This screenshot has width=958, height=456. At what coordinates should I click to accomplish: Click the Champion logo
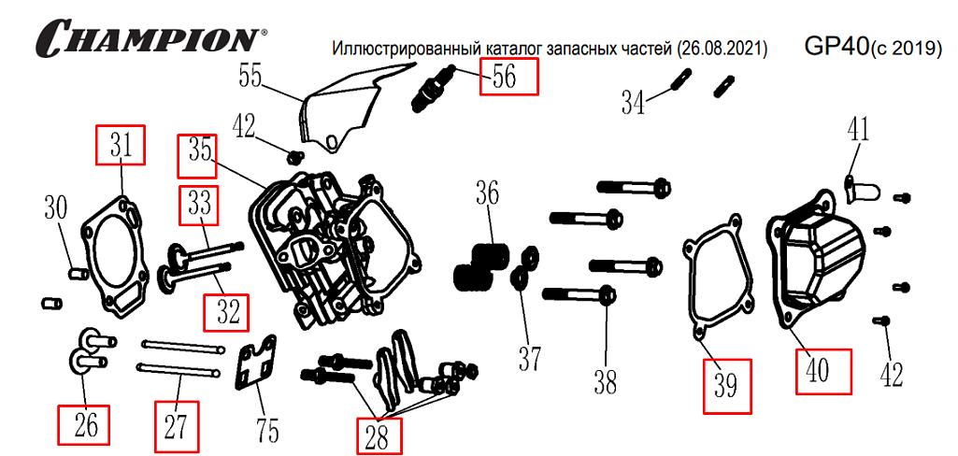point(150,39)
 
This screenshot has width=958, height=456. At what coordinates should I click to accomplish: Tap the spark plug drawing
point(433,92)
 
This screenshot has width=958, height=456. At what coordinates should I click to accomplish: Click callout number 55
point(250,74)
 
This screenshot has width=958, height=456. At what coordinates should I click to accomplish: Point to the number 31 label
point(122,145)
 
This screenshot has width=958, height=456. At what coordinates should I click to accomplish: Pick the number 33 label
point(199,206)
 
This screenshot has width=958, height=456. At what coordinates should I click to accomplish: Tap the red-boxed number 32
point(228,311)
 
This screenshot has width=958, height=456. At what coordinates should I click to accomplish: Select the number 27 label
point(177,425)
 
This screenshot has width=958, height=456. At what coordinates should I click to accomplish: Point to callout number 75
point(267,429)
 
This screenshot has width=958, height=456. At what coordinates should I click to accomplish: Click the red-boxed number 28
point(379,436)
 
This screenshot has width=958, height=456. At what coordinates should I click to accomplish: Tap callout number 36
point(487,194)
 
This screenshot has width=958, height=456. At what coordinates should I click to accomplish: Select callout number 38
point(606,381)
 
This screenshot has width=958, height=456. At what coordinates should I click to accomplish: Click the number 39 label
point(727,385)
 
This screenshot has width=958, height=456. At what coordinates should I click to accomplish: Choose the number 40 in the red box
point(823,371)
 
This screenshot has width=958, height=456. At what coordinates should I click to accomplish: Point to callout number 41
point(858,129)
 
